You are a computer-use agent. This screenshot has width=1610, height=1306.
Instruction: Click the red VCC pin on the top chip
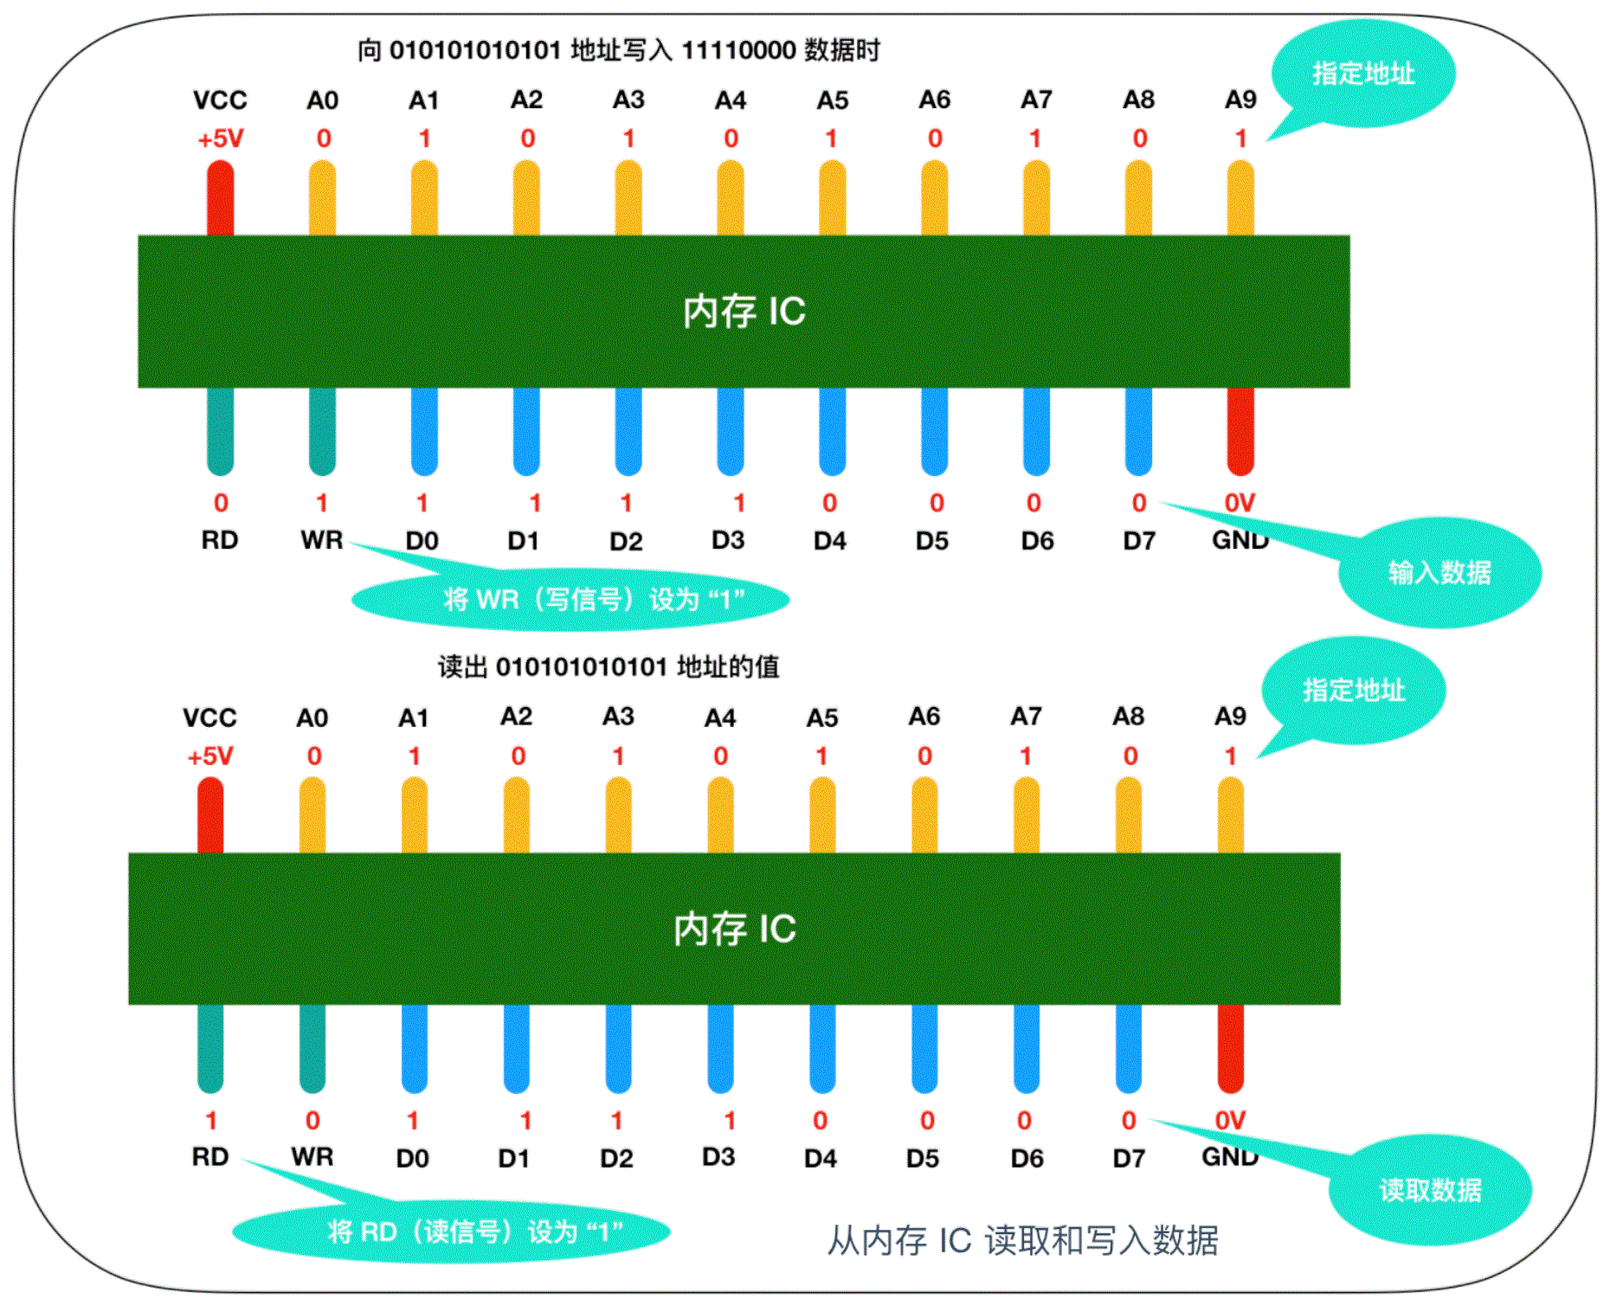tap(220, 198)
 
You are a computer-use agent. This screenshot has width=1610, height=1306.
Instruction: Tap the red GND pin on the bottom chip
tap(1230, 1048)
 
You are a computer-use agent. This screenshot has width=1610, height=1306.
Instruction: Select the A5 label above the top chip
tap(833, 101)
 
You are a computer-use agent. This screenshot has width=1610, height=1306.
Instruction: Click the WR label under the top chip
tap(322, 541)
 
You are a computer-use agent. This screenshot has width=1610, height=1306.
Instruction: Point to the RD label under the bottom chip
tap(210, 1157)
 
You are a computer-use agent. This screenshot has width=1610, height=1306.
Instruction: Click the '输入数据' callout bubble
tap(1439, 573)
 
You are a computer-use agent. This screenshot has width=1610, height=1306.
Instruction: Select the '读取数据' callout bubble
tap(1430, 1190)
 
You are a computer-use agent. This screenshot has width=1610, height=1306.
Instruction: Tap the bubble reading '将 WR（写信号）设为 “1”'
tap(571, 599)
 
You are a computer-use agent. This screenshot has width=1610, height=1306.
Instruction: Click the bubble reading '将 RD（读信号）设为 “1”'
tap(452, 1231)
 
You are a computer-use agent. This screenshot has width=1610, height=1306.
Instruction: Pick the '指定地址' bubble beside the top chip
tap(1363, 74)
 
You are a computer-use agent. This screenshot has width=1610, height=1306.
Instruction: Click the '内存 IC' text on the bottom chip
tap(735, 929)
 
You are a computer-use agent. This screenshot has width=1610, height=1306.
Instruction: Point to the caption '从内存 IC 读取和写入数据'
tap(1022, 1240)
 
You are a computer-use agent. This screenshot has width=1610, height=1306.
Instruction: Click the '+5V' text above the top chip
tap(221, 139)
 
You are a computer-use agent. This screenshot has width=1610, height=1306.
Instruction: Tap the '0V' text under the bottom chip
tap(1230, 1121)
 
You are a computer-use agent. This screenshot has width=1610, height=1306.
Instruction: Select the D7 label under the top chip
tap(1139, 542)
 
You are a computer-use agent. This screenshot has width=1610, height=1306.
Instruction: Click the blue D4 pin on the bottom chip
tap(821, 1048)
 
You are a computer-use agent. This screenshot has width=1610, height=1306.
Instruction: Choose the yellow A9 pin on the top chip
tap(1240, 198)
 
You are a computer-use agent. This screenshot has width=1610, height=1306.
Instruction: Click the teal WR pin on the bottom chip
tap(312, 1048)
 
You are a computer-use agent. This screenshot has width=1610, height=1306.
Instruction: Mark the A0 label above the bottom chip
tap(312, 718)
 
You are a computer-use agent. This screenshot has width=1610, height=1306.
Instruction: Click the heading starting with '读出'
tap(609, 667)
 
